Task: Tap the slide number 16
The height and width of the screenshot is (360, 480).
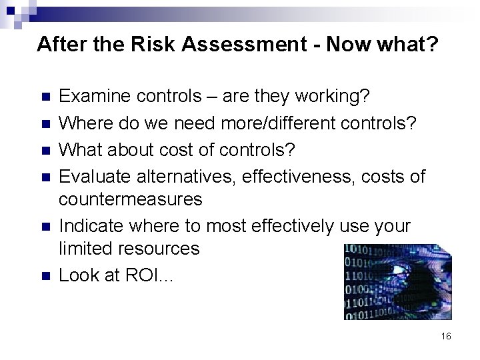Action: coord(446,337)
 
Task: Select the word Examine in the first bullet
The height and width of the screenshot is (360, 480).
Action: coord(95,97)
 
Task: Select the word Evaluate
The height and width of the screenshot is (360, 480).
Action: coord(95,177)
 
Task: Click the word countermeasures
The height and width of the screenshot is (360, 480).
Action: coord(130,199)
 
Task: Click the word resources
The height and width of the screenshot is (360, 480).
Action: coord(157,249)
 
